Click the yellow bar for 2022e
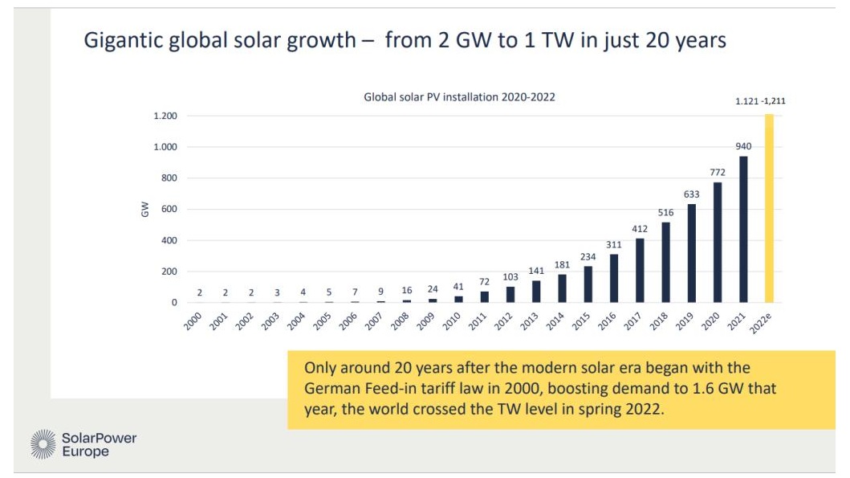769,209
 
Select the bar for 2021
743,230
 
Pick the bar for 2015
589,284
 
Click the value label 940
743,146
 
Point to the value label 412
641,229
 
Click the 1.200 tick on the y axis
165,116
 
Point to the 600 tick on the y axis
168,210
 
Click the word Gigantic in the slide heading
124,40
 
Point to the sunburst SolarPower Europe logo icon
43,444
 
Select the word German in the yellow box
330,389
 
